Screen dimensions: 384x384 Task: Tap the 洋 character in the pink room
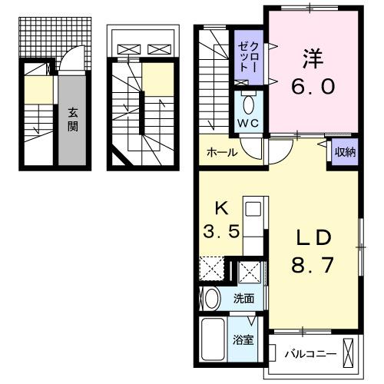(x=312, y=58)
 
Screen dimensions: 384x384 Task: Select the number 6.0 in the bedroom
(x=312, y=86)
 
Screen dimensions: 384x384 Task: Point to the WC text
(x=247, y=123)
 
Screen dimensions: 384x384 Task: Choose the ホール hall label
(x=221, y=152)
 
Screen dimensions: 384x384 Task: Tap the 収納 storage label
(x=345, y=151)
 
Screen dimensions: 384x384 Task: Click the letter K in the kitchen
(x=220, y=207)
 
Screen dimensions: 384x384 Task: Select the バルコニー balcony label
(x=310, y=354)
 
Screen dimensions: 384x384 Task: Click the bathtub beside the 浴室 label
(x=214, y=338)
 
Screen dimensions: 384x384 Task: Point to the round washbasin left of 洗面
(x=210, y=298)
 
